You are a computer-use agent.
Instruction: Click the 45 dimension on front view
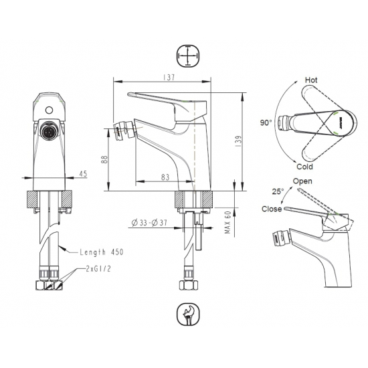pos(83,174)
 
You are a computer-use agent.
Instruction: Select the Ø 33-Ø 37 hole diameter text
pos(151,221)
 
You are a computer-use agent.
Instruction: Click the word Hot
pos(311,80)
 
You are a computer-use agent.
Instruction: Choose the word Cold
pos(305,167)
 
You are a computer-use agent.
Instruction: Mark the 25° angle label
pos(277,191)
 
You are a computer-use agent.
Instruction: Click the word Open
pos(302,181)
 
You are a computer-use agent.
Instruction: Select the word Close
pos(272,209)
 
